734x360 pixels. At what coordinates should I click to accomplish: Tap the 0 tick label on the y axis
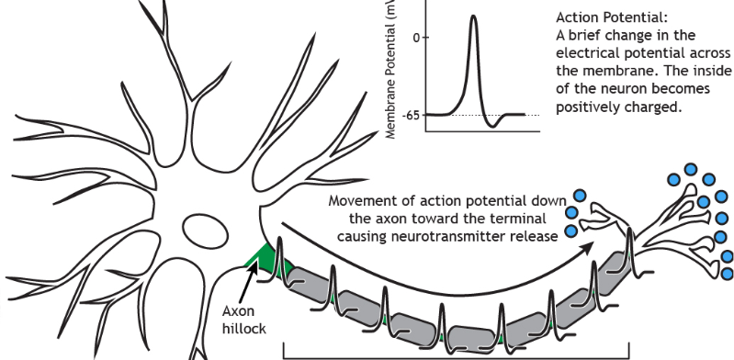point(416,38)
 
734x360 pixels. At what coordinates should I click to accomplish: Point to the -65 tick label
point(410,115)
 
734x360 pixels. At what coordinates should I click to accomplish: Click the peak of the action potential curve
point(472,16)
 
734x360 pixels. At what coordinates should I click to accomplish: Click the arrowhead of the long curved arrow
point(588,245)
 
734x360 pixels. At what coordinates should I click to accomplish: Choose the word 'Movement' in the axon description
point(365,201)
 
